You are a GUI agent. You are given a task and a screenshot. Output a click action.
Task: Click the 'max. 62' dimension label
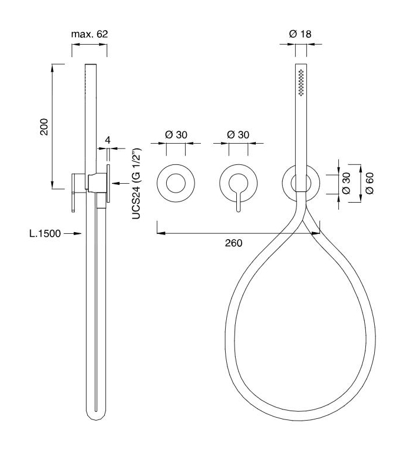[90, 34]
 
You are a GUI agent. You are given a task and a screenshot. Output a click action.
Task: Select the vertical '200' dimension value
[44, 127]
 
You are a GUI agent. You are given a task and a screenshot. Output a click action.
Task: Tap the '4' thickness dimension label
[108, 140]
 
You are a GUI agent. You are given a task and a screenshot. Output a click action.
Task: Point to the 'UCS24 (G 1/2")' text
[136, 183]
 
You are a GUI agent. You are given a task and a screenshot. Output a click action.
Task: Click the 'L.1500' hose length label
[45, 233]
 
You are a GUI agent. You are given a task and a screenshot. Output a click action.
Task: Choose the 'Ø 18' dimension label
[301, 34]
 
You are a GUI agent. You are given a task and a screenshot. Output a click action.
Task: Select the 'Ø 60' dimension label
[369, 183]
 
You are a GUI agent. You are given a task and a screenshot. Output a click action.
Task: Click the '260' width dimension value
[233, 243]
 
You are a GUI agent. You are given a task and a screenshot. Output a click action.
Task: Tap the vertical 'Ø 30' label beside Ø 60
[346, 183]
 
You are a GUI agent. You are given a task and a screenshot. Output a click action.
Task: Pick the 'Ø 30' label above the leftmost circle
[176, 135]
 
